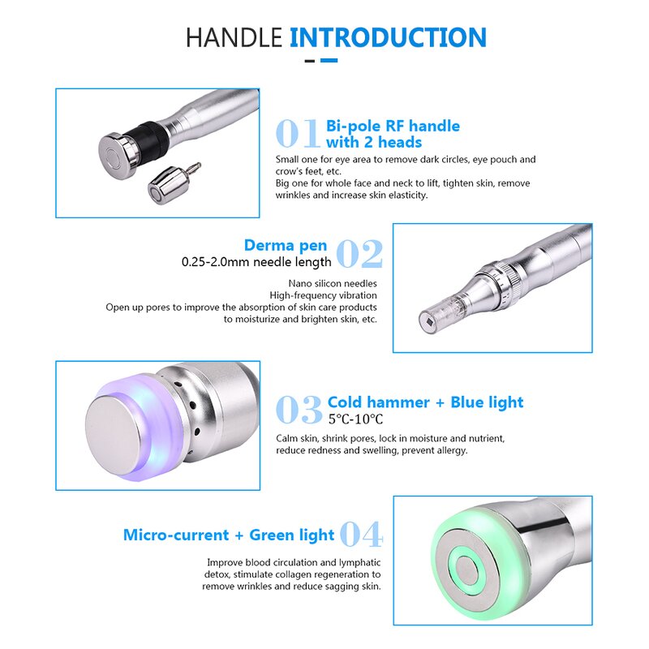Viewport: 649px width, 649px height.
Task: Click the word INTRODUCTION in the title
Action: [388, 37]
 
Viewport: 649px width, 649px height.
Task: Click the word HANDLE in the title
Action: [234, 37]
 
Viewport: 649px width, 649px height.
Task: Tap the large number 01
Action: [299, 134]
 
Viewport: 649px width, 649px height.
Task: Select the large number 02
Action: [359, 254]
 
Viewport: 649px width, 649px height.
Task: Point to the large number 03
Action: [299, 410]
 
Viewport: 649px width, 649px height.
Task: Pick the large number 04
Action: [360, 535]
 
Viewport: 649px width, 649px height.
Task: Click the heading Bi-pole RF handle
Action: [393, 126]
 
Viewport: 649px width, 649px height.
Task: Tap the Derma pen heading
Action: [286, 245]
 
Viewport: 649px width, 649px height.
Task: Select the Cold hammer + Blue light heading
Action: [425, 402]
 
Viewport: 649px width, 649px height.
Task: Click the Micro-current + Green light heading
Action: [229, 535]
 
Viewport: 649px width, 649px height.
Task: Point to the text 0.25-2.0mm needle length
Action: [256, 262]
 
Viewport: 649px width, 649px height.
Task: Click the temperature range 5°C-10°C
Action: [355, 419]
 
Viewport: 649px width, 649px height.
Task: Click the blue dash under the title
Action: [329, 60]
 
